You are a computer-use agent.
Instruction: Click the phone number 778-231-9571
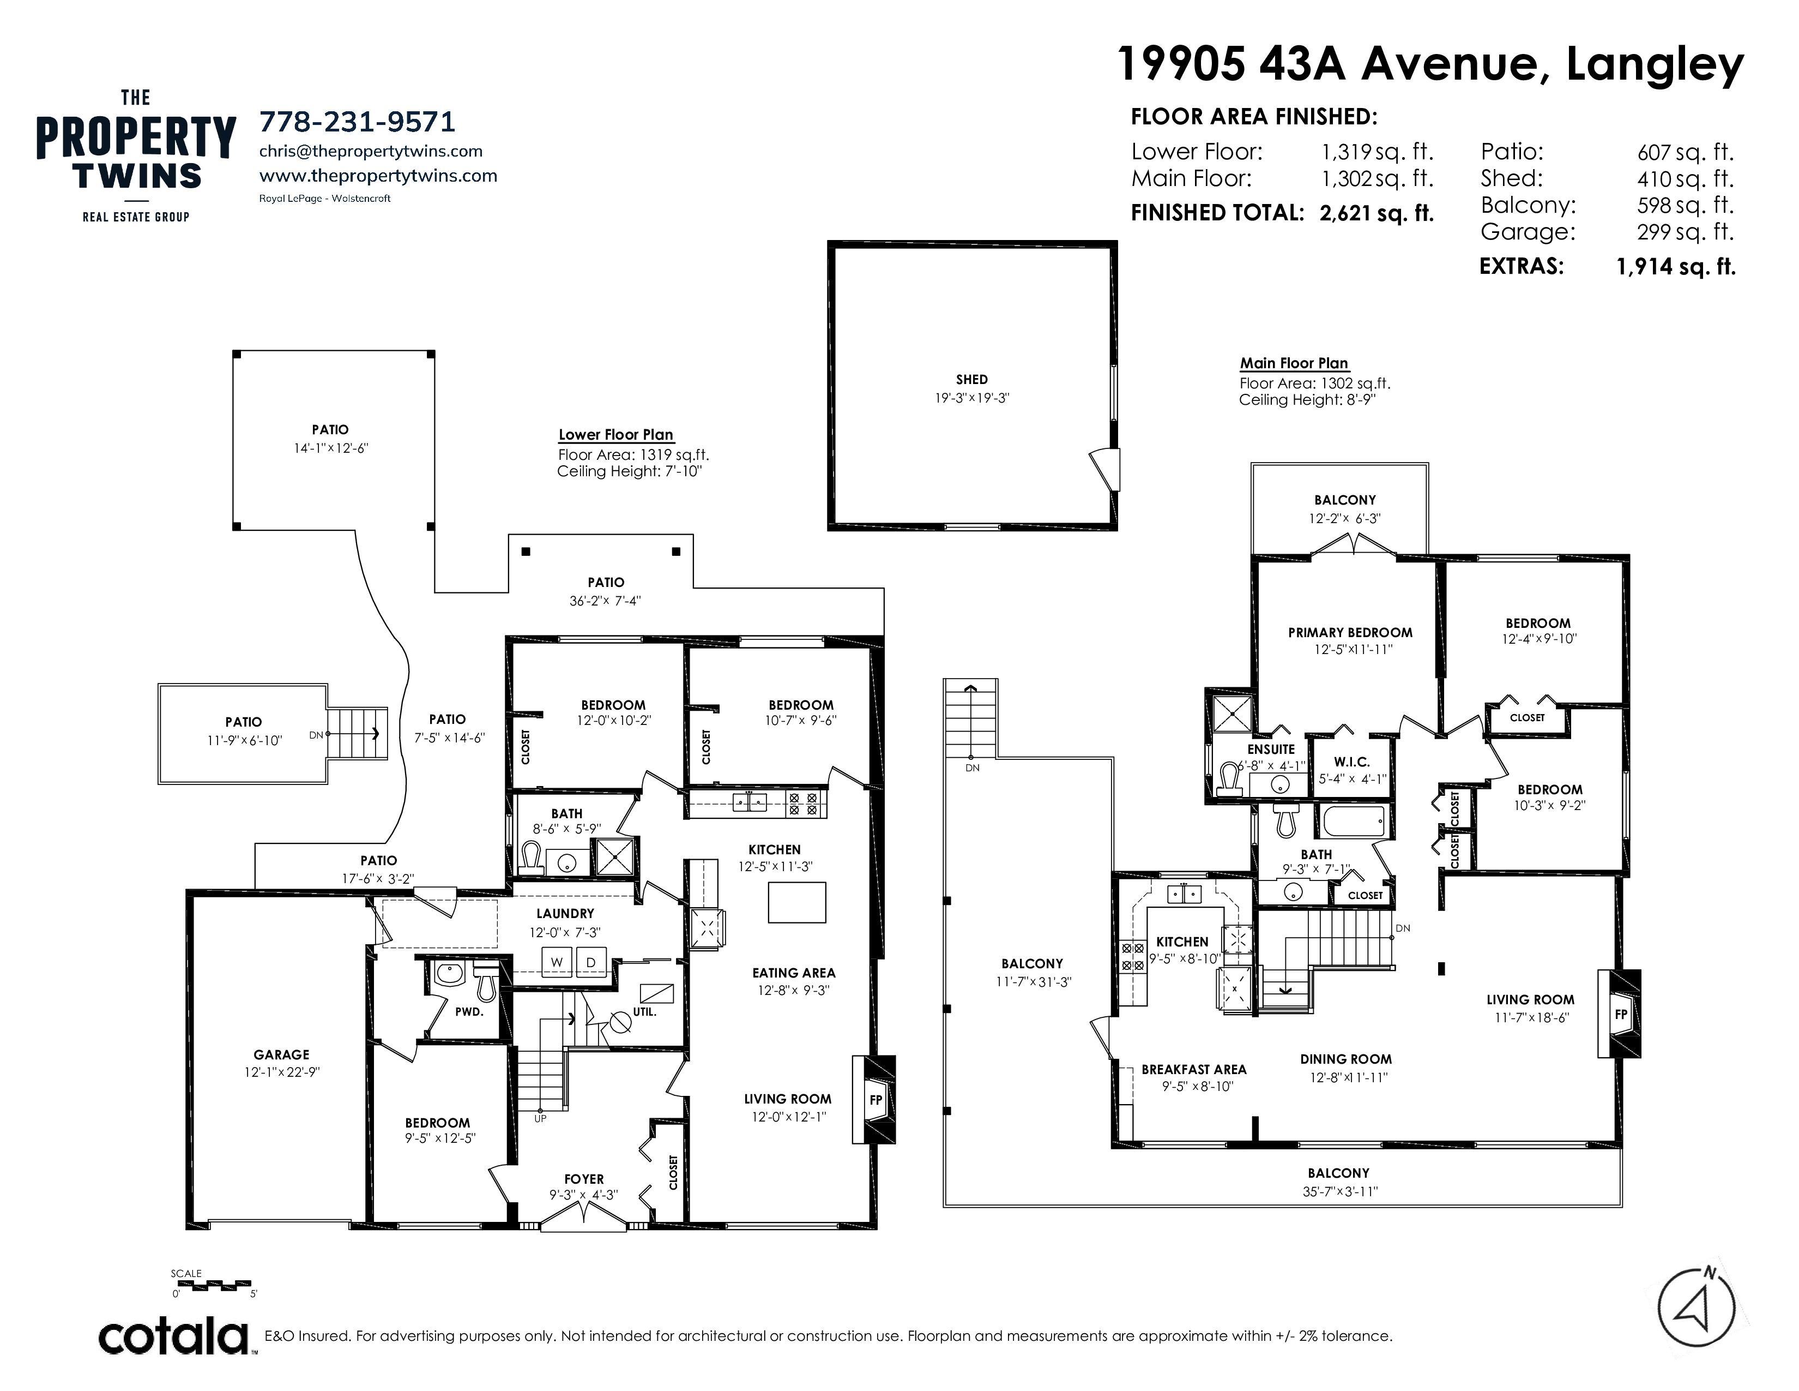357,122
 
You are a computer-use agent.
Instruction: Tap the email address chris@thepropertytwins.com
371,151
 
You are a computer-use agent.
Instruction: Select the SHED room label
972,380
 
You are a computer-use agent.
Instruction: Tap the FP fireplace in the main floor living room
1620,1015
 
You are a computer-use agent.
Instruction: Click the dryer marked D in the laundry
590,962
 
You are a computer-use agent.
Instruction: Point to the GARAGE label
282,1055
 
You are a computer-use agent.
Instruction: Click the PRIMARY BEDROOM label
1350,633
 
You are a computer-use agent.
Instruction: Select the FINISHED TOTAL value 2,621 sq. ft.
1377,213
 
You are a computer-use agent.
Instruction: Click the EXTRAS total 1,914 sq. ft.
1676,267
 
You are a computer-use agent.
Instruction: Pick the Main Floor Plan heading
1294,363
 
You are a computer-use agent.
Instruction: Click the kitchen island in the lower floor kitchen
798,902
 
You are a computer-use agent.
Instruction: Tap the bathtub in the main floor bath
1354,822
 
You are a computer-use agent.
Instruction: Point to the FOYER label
584,1179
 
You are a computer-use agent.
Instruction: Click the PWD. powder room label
469,1011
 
